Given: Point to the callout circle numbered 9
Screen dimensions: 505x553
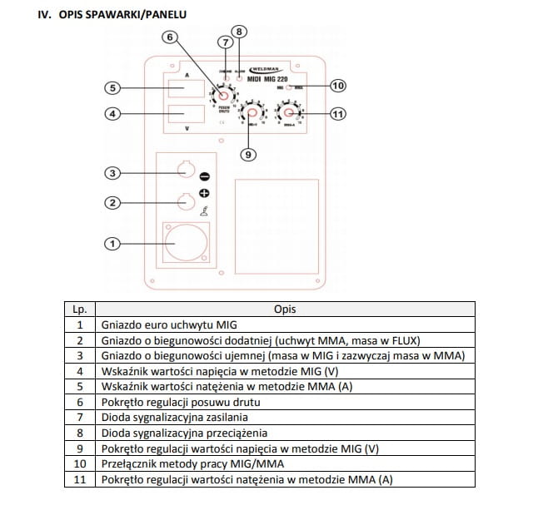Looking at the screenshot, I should pos(247,154).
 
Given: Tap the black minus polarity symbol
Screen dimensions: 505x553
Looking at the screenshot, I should pos(205,176).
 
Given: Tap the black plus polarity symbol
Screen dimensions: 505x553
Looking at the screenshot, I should pos(205,193).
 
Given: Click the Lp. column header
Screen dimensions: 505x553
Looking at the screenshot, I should pos(80,309).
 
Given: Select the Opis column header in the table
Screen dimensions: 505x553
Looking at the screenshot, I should pos(285,309).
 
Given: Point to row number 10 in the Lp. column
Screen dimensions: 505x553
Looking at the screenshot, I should pos(80,463).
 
